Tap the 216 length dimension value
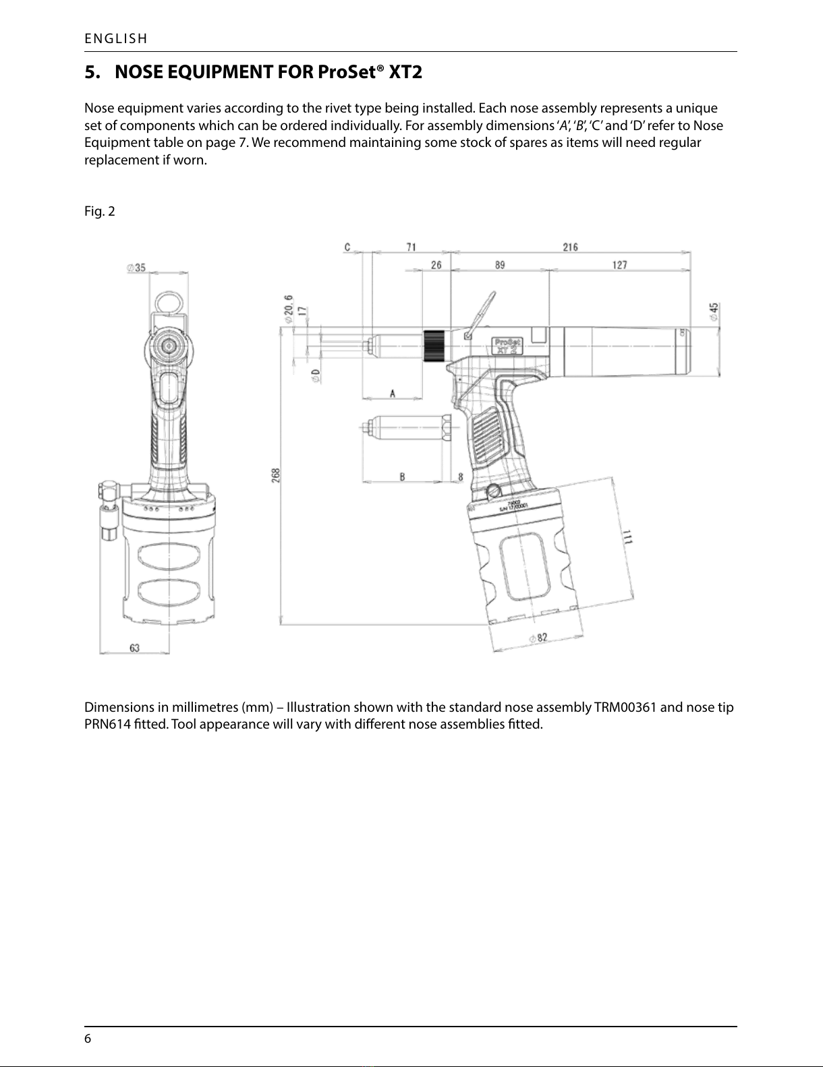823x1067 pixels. point(570,247)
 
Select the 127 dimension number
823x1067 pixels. point(619,265)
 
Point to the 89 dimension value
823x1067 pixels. point(499,265)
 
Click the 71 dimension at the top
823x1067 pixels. point(411,247)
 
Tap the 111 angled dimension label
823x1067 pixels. point(627,537)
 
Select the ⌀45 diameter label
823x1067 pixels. point(713,311)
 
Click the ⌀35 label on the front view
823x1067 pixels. point(137,268)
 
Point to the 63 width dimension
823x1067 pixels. point(135,648)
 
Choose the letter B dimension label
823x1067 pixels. point(402,477)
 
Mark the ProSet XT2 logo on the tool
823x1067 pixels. point(507,344)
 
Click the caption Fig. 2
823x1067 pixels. point(99,212)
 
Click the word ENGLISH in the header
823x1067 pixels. point(115,38)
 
